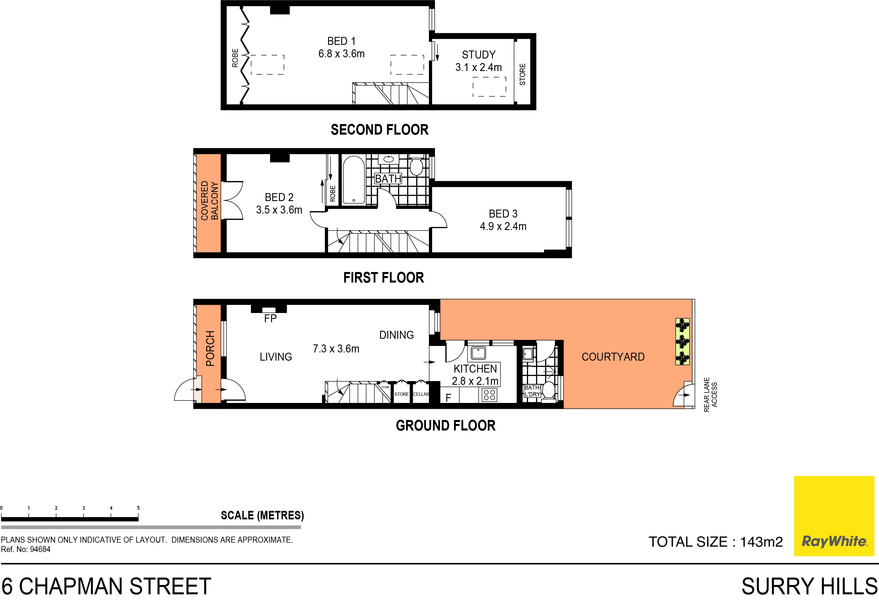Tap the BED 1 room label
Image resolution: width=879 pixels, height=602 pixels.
click(341, 41)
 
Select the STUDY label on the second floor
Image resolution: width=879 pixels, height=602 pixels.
click(478, 55)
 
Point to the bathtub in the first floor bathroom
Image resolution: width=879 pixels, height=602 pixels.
click(354, 180)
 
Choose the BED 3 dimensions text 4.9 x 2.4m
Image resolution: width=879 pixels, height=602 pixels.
click(503, 226)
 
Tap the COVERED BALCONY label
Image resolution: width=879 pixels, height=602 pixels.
click(209, 200)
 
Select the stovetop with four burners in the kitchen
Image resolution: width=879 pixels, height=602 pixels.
click(489, 395)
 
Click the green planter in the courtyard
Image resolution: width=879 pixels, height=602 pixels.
click(682, 341)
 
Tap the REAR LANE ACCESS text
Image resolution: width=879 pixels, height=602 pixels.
click(710, 395)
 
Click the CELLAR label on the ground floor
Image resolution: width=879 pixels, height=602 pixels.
click(421, 394)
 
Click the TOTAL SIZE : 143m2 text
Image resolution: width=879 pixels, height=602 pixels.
click(715, 542)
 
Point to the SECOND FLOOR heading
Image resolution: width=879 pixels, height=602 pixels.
click(379, 130)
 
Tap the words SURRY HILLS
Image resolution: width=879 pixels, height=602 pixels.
click(809, 586)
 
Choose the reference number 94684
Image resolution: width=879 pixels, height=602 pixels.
click(40, 549)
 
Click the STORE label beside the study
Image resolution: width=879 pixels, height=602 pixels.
click(522, 75)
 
